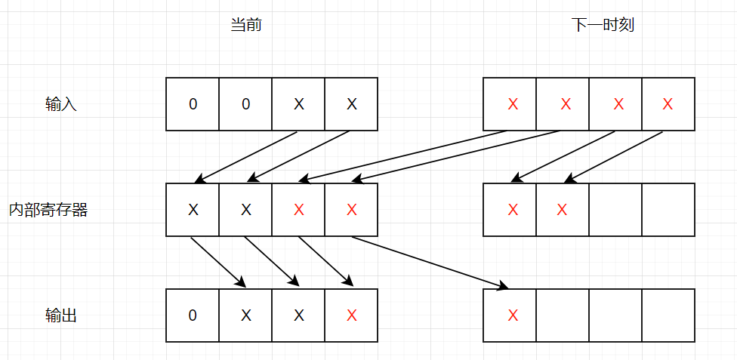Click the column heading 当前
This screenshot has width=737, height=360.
[246, 25]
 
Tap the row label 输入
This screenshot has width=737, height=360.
[61, 105]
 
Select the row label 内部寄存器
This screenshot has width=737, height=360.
[48, 210]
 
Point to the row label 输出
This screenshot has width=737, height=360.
[61, 315]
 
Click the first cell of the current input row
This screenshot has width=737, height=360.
[193, 104]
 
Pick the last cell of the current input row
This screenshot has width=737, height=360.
[351, 104]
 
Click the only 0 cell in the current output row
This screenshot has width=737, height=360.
[193, 315]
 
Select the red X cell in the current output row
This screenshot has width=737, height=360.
[351, 315]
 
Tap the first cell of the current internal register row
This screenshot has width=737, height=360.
[193, 210]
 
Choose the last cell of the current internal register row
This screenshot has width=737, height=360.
[351, 210]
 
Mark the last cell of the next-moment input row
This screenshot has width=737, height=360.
[668, 104]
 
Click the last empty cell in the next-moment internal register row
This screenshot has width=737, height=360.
[668, 210]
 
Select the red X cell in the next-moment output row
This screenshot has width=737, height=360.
[513, 315]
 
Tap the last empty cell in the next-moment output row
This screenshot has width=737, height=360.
[668, 315]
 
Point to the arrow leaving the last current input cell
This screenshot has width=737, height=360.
[300, 157]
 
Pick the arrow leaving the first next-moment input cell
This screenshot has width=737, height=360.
[405, 156]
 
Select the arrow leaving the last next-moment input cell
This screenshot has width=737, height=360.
[615, 157]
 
